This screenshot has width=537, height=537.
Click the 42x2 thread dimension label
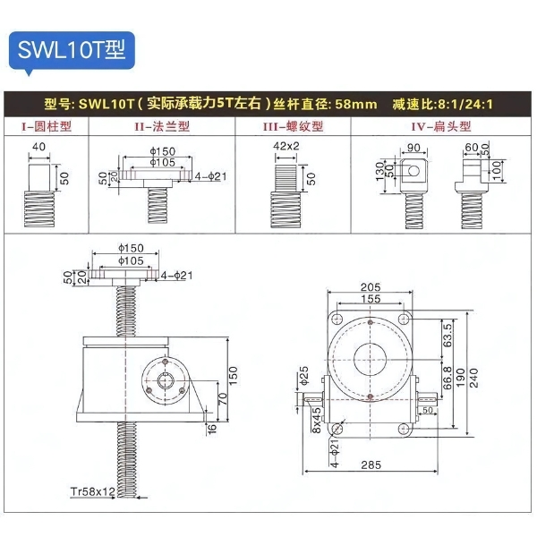click(x=286, y=145)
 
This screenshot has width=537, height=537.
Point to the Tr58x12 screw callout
click(x=93, y=492)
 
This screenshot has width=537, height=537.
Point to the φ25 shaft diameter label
click(x=303, y=371)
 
